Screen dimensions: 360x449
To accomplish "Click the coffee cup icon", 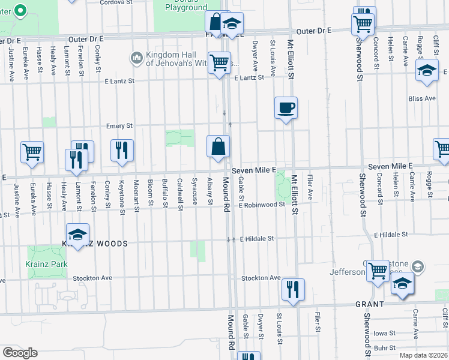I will tap(286, 108).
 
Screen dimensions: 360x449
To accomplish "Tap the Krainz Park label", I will tap(46, 264).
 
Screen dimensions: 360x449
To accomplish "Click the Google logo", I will tap(20, 352).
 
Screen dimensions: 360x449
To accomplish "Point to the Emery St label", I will tap(119, 126).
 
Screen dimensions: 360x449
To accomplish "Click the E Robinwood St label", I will tap(261, 205).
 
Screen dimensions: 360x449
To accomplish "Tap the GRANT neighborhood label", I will tap(369, 304).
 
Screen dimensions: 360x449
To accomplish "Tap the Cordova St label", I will tap(116, 2).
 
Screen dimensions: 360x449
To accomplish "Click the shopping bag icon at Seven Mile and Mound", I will tap(218, 146).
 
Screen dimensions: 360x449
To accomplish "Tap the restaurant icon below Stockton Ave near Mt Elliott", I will tap(293, 290).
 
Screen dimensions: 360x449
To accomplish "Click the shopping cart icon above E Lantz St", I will tap(220, 62).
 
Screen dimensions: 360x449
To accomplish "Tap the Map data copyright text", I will tap(423, 355).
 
